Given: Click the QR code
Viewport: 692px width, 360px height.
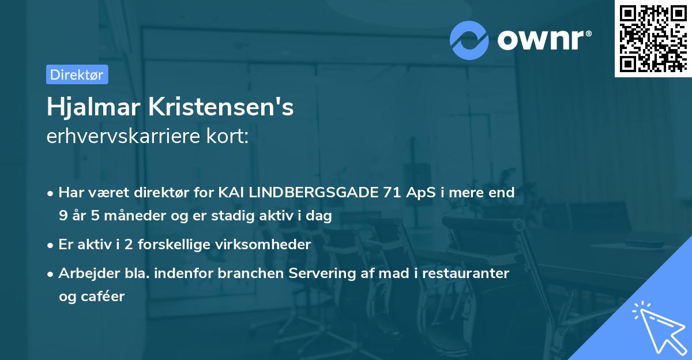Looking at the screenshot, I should click(x=652, y=38).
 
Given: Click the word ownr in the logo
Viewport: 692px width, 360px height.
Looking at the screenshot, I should click(x=543, y=40).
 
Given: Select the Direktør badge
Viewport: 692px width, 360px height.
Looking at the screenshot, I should click(x=77, y=74).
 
